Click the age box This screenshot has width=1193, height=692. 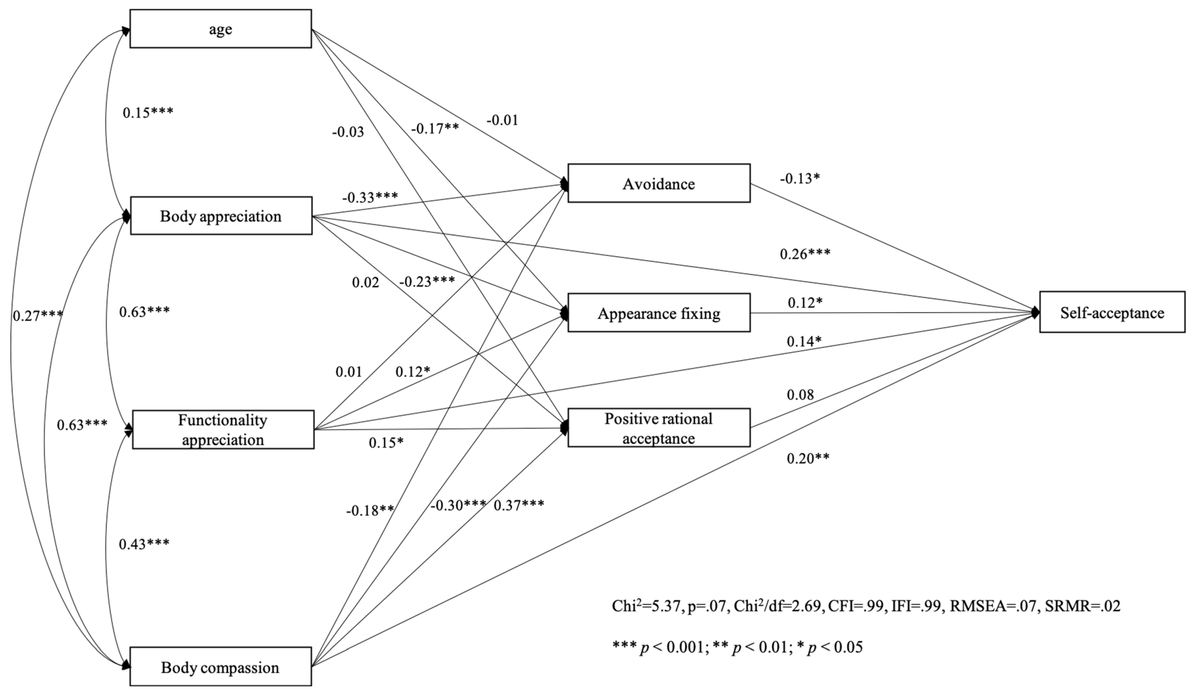[221, 29]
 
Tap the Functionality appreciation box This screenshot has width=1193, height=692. [223, 429]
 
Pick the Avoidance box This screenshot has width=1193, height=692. [659, 183]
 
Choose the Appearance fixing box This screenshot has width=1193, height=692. [659, 313]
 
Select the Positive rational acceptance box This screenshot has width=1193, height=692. [659, 428]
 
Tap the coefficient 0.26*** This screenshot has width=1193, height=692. [805, 254]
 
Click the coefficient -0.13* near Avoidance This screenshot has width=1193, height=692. [800, 178]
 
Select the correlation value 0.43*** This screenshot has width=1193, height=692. [144, 544]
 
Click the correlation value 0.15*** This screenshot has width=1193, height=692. [148, 113]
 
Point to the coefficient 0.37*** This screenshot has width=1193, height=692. [519, 505]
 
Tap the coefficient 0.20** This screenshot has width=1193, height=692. [808, 458]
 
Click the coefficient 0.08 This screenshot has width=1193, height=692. [800, 394]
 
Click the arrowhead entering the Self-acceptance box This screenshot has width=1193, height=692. [1036, 312]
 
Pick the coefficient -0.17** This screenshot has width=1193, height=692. [435, 129]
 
